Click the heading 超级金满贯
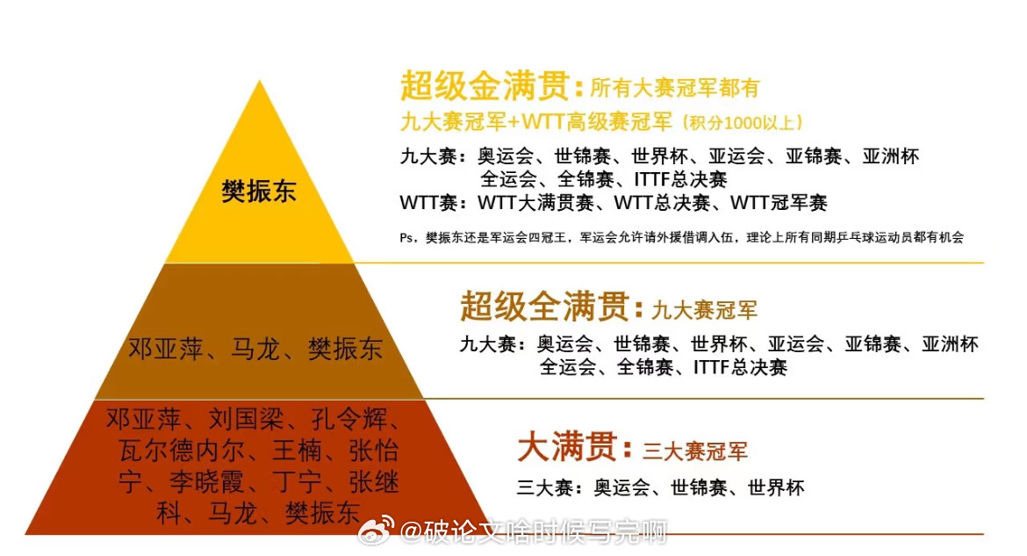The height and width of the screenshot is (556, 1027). click(x=485, y=86)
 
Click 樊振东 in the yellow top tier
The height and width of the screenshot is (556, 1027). click(x=259, y=191)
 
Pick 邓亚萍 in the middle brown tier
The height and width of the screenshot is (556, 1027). click(x=166, y=349)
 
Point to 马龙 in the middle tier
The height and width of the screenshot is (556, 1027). click(x=255, y=349)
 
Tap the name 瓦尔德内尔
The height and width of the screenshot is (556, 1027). click(x=182, y=451)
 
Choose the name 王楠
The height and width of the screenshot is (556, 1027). click(x=298, y=451)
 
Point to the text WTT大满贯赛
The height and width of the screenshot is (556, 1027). click(x=535, y=203)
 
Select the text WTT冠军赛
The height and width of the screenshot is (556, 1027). click(x=779, y=203)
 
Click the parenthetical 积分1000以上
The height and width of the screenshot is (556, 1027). click(x=743, y=123)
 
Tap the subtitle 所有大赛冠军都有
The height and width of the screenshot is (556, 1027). click(x=675, y=88)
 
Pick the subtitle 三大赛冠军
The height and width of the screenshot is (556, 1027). click(x=695, y=451)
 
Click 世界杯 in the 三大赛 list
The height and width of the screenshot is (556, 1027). click(x=776, y=487)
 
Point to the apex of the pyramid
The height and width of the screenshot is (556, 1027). click(x=260, y=80)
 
